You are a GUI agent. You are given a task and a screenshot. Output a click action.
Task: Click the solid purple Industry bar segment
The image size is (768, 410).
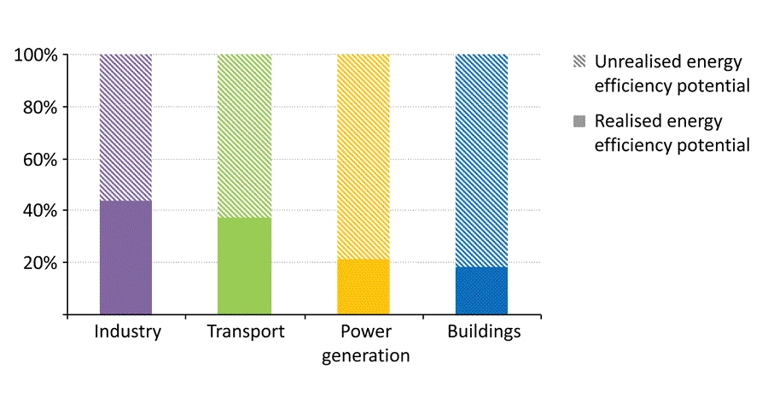[125, 257]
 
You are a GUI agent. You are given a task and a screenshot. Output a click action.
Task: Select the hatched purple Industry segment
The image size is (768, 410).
[125, 127]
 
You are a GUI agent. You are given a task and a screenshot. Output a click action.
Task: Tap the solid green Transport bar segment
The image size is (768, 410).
[244, 266]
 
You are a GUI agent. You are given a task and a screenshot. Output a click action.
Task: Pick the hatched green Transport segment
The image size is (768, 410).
[244, 136]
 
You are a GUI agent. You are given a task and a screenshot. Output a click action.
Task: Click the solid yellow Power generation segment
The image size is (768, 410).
[364, 286]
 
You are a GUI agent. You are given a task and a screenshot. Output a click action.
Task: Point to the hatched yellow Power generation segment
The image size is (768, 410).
[364, 156]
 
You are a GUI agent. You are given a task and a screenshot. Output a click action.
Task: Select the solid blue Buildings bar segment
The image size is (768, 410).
[481, 290]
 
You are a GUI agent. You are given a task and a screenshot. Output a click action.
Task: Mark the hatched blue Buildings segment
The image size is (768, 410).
[481, 161]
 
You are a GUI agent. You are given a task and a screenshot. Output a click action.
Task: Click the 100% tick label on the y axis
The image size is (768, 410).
[35, 56]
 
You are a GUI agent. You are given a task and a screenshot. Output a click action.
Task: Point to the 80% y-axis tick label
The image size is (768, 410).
[39, 108]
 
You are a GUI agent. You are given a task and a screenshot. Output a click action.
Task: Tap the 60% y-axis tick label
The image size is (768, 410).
[39, 160]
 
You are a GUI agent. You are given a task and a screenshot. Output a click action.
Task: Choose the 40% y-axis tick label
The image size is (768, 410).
[39, 211]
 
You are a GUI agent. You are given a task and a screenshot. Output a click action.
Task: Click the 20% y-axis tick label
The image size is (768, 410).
[39, 263]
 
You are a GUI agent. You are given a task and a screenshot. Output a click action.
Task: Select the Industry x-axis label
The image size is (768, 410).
[127, 331]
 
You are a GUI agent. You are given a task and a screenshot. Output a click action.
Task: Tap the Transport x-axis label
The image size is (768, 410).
[245, 331]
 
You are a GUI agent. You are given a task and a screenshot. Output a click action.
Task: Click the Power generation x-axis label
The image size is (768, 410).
[365, 343]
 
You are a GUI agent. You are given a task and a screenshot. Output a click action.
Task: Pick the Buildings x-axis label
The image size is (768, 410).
[484, 331]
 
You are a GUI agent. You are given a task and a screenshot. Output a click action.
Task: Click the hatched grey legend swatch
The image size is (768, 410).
[579, 62]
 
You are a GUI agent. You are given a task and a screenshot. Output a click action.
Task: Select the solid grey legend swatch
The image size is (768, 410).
[579, 121]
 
